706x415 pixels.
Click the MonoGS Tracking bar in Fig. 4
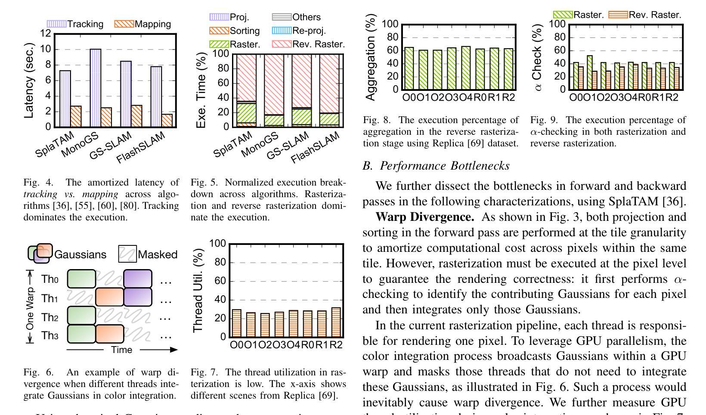(x=95, y=88)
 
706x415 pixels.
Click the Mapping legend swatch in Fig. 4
(x=124, y=24)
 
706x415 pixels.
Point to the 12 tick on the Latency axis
(x=46, y=34)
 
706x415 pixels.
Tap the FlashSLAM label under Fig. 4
(x=140, y=149)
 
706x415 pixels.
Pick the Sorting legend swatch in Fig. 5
(x=219, y=31)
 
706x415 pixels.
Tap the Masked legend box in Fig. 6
(x=127, y=254)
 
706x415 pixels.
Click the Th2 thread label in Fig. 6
(x=50, y=318)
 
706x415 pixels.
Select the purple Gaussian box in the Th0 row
(x=138, y=279)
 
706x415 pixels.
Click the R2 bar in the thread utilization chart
(x=336, y=322)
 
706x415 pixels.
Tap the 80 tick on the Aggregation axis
(x=393, y=37)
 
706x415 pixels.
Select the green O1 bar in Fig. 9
(x=590, y=72)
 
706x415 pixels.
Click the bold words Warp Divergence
(x=424, y=217)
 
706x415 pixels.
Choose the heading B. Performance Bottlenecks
(x=436, y=166)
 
